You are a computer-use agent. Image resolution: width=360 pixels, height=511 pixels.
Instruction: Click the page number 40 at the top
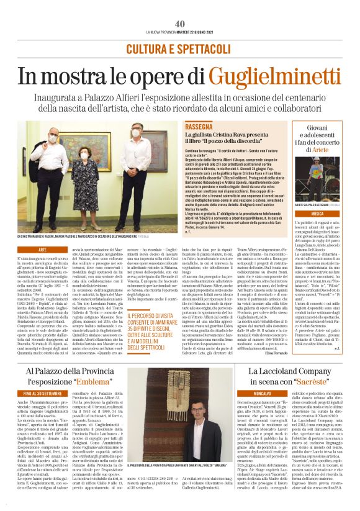coord(180,24)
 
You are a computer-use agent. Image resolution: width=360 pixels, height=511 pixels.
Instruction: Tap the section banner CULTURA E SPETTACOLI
coord(180,48)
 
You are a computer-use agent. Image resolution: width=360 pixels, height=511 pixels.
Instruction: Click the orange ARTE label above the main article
coord(43,249)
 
